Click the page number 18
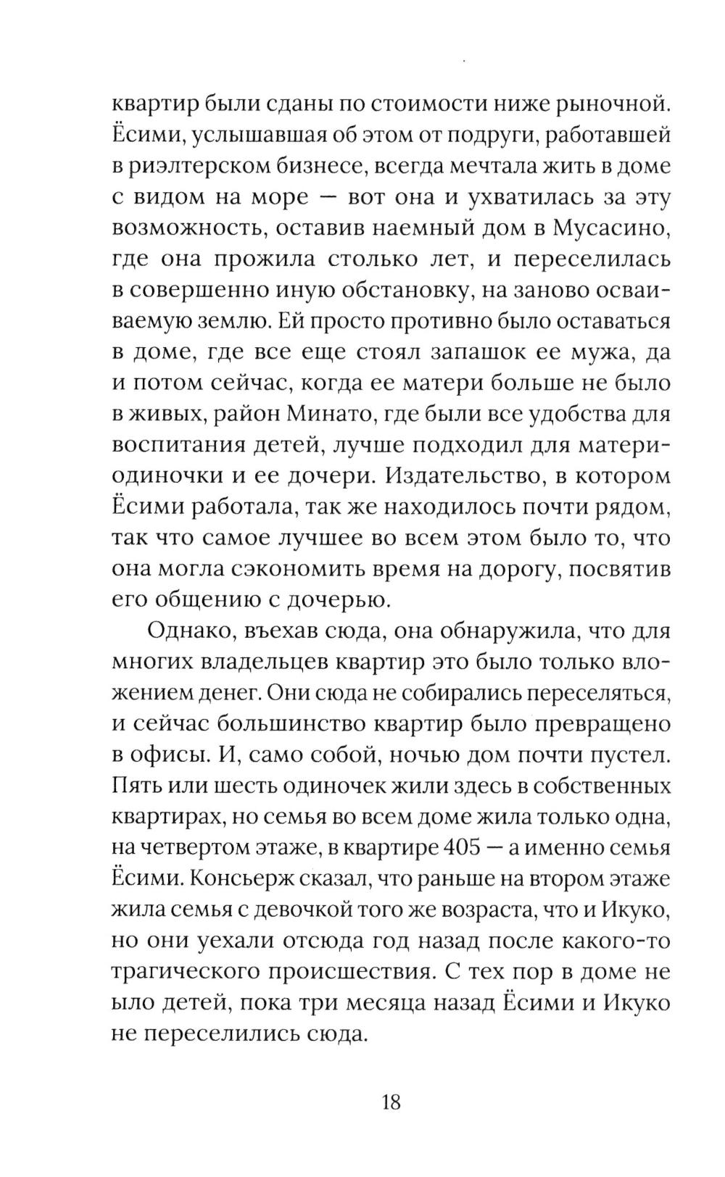coord(390,1102)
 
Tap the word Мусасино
coord(610,228)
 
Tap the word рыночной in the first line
coord(610,103)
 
